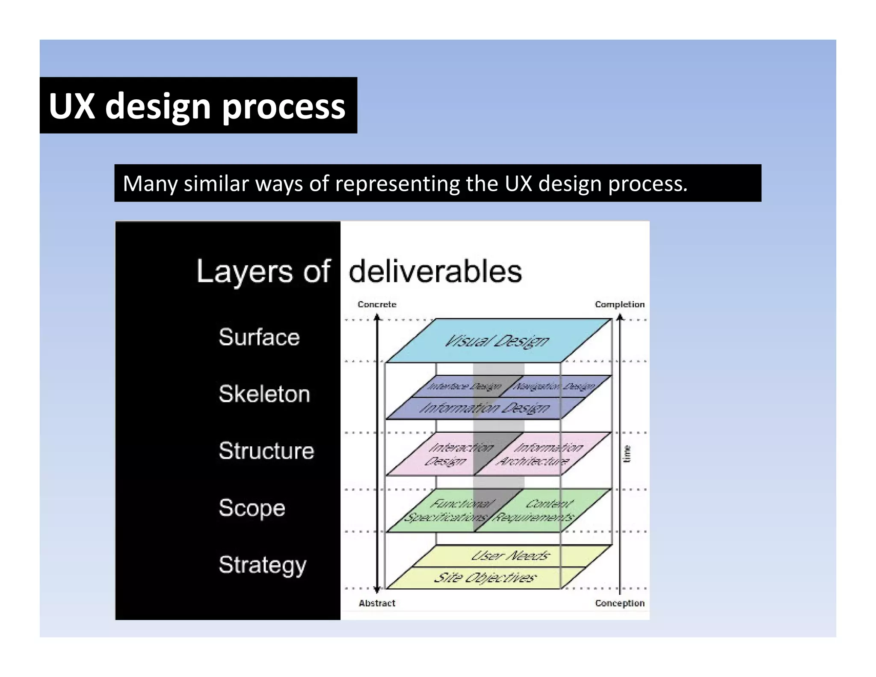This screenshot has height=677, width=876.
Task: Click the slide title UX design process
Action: point(197,106)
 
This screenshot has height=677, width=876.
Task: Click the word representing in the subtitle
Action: point(398,184)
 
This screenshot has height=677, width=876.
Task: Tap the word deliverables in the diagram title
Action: point(435,271)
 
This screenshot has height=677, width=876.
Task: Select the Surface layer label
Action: point(259,337)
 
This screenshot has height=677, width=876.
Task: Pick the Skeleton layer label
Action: point(264,394)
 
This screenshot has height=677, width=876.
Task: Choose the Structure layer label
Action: point(266,451)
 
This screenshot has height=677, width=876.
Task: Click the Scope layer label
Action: point(252,508)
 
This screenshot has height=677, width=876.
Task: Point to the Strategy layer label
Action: point(263,565)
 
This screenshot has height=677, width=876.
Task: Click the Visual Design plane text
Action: point(497,341)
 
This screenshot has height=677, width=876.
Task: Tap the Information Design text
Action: point(485,408)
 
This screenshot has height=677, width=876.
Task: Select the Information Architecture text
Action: point(540,454)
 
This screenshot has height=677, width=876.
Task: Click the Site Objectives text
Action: point(485,578)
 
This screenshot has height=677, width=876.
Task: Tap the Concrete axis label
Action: point(377,304)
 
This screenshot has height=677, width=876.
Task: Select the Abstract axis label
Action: point(377,603)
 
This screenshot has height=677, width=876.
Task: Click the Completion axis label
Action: point(619,304)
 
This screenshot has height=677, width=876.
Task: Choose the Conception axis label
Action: point(619,603)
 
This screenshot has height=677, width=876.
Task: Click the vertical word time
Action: point(627,454)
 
